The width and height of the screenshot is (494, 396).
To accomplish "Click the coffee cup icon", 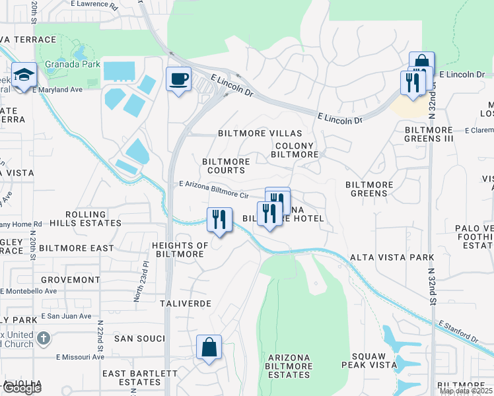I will click(x=178, y=80).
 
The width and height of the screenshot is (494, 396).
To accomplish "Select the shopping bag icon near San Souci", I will click(x=209, y=348).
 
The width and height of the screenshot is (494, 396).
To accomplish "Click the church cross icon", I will click(x=44, y=339).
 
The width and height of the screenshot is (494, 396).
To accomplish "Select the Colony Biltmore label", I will click(x=295, y=150).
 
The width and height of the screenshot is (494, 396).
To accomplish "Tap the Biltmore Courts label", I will click(x=226, y=166).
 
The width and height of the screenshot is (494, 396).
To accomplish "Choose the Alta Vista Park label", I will click(x=392, y=257).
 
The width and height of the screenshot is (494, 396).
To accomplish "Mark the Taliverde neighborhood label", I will click(x=186, y=304).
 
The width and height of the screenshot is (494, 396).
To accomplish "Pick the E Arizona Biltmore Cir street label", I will click(x=213, y=191).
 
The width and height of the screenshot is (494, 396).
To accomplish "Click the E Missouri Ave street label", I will click(x=80, y=357).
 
